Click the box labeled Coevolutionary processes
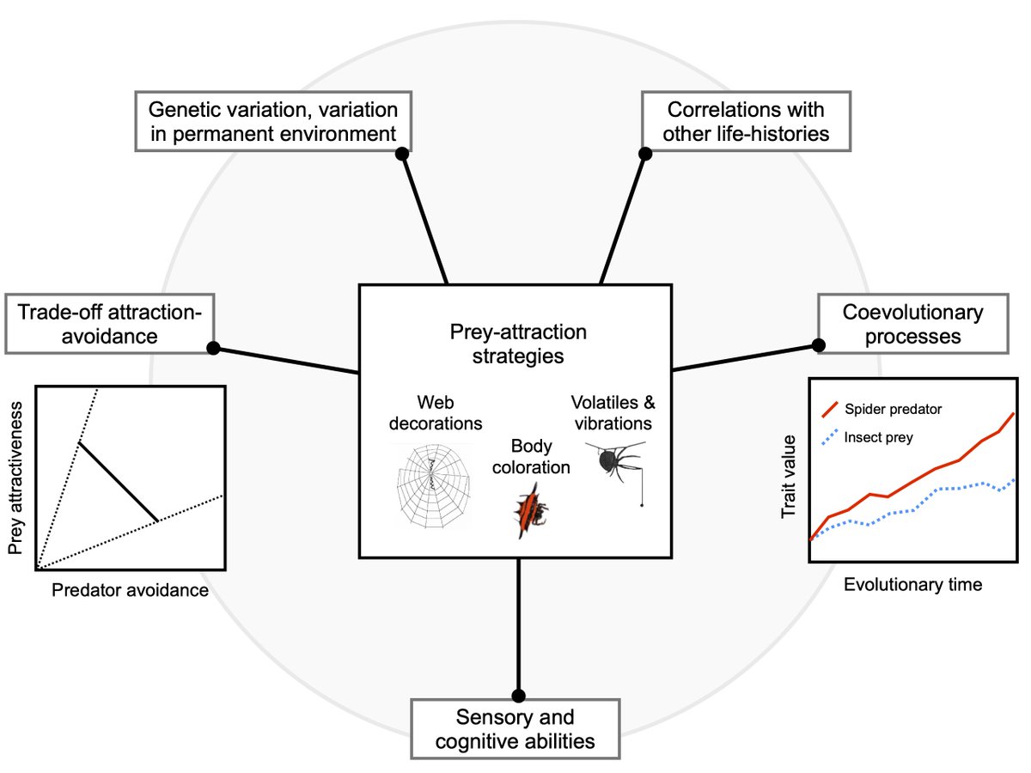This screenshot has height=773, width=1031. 912,323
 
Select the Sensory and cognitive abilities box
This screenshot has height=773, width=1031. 515,728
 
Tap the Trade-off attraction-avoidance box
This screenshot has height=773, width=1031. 109,323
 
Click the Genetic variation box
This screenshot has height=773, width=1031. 273,122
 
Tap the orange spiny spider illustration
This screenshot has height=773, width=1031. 530,510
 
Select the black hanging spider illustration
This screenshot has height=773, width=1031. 617,468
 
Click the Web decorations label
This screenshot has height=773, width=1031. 436,412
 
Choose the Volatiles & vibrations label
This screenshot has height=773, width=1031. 611,412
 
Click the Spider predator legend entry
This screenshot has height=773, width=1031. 885,409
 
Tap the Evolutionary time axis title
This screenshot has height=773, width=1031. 912,585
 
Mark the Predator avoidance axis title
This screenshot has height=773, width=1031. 130,590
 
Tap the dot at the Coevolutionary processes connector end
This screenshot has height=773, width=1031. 818,344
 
